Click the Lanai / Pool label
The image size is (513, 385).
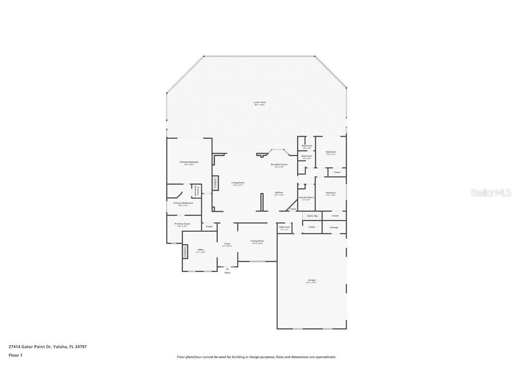(x=259, y=102)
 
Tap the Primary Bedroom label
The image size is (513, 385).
(x=189, y=162)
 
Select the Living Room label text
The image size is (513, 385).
(x=237, y=182)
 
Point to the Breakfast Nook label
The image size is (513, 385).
(x=279, y=164)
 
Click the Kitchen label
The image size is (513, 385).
(x=278, y=192)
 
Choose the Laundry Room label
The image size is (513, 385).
(x=306, y=197)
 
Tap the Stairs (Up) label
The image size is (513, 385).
(x=312, y=216)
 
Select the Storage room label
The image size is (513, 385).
(x=334, y=227)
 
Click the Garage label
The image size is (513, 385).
(x=311, y=280)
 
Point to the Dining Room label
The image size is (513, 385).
(x=257, y=241)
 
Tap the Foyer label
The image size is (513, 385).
(x=227, y=244)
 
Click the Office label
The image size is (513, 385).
(x=200, y=250)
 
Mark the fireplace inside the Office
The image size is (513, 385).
(x=184, y=252)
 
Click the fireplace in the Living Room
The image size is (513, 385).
(x=215, y=183)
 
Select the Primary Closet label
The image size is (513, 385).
(x=182, y=224)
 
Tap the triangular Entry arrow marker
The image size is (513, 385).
(x=228, y=269)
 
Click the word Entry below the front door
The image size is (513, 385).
(x=228, y=273)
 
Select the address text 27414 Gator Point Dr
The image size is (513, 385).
(x=29, y=346)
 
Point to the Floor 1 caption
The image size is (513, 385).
(x=15, y=355)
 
